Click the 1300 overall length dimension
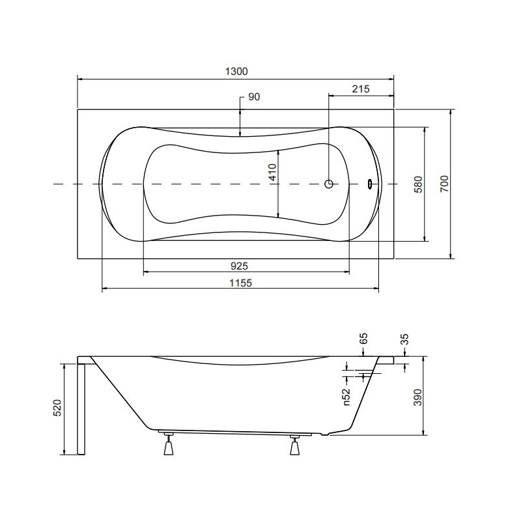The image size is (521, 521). click(x=236, y=72)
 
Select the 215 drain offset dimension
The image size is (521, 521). click(x=361, y=89)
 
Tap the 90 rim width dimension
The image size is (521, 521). click(x=254, y=96)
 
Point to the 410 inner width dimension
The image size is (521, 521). click(x=273, y=172)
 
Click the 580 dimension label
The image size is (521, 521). click(x=418, y=184)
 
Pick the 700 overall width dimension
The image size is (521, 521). click(x=444, y=184)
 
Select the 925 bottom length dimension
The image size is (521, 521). click(x=239, y=266)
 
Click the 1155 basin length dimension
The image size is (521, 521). click(x=240, y=283)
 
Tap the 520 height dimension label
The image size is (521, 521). click(x=57, y=408)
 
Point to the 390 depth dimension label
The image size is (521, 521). click(x=417, y=397)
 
